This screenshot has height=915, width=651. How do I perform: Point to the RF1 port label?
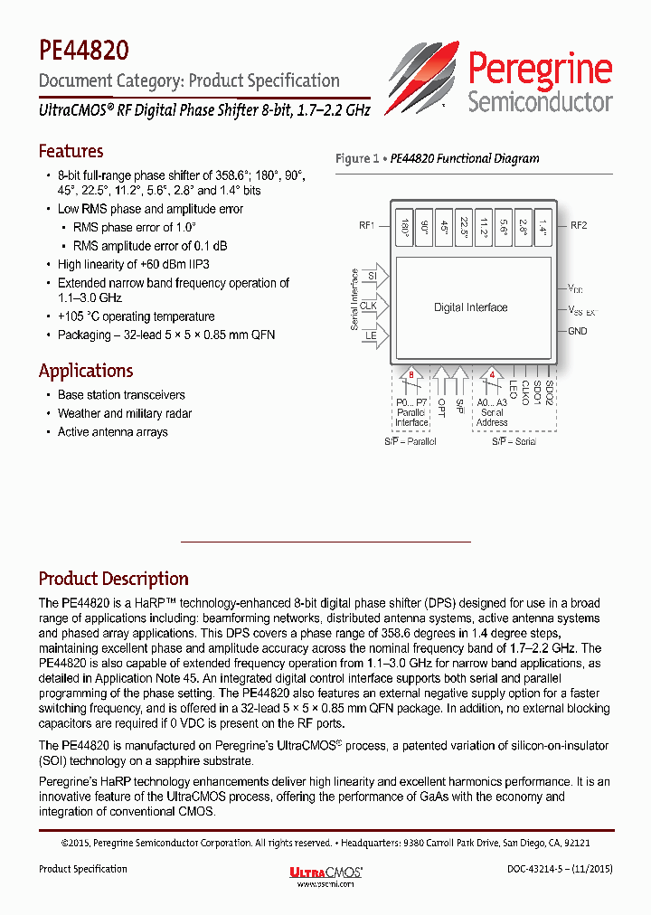pyautogui.click(x=367, y=226)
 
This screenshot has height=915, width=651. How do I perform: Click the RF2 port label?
pyautogui.click(x=579, y=226)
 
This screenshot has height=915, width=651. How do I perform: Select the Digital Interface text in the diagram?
pyautogui.click(x=470, y=307)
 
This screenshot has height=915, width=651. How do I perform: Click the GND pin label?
pyautogui.click(x=578, y=331)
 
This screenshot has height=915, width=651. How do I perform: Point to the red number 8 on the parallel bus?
pyautogui.click(x=412, y=373)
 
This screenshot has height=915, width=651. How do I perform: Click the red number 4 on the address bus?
pyautogui.click(x=492, y=373)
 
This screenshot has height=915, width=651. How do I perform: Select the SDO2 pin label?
pyautogui.click(x=549, y=394)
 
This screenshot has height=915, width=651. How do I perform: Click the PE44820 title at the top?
pyautogui.click(x=83, y=49)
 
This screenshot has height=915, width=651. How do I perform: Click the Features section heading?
pyautogui.click(x=71, y=151)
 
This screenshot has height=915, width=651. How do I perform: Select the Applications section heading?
pyautogui.click(x=86, y=371)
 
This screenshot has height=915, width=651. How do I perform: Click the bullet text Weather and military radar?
pyautogui.click(x=125, y=413)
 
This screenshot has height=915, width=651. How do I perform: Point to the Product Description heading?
pyautogui.click(x=113, y=579)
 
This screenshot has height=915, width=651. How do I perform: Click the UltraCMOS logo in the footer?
pyautogui.click(x=325, y=872)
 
